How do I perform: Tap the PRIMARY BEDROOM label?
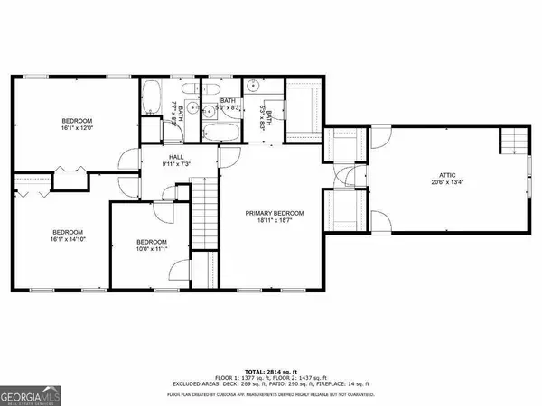coord(275,213)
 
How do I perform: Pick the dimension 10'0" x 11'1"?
coord(151,250)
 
